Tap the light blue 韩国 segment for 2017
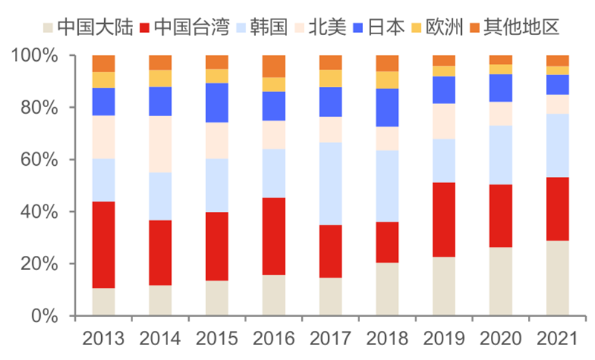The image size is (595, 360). [x=330, y=183]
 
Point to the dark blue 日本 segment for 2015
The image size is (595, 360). [x=217, y=103]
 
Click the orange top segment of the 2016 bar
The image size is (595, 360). [x=274, y=65]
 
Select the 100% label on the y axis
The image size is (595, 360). [x=36, y=56]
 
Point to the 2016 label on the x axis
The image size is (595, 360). [x=274, y=338]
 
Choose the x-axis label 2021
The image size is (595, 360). [x=557, y=338]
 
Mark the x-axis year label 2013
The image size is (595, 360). [x=103, y=338]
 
